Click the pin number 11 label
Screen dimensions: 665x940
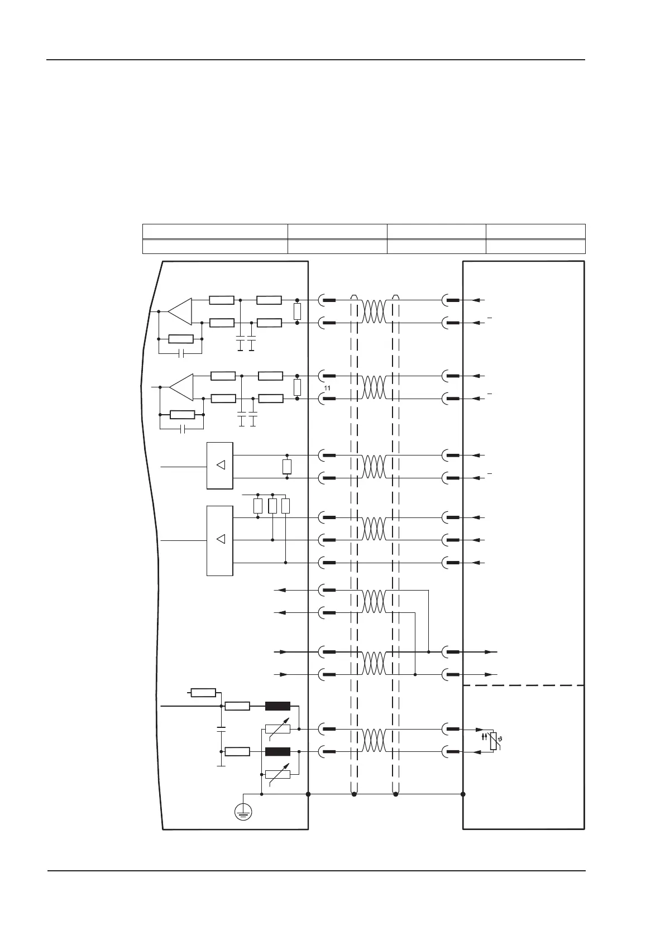click(x=327, y=388)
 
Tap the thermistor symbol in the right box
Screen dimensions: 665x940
click(x=492, y=741)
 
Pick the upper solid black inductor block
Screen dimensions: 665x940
click(x=278, y=706)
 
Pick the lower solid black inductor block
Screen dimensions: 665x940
click(x=278, y=751)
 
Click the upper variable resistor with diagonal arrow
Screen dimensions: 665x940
click(x=278, y=728)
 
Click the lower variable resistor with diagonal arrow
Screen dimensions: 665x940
click(x=278, y=774)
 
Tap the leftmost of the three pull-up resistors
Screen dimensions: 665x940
click(x=258, y=506)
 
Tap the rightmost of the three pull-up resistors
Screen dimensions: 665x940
click(x=286, y=506)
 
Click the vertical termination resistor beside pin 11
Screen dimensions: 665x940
click(x=297, y=387)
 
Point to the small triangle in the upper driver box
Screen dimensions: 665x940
click(x=221, y=465)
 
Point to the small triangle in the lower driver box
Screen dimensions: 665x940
click(x=221, y=539)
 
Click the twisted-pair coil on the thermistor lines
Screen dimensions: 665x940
click(x=374, y=740)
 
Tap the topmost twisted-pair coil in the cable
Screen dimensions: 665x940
click(x=374, y=311)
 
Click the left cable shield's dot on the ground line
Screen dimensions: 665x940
click(x=354, y=794)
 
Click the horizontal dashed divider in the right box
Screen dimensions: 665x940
click(x=524, y=685)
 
